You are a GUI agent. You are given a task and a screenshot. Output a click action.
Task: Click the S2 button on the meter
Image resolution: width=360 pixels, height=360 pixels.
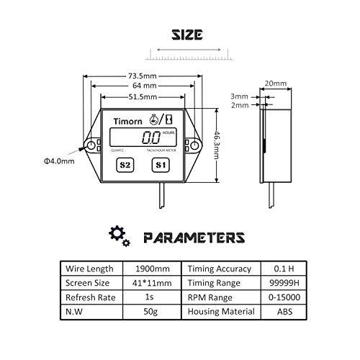tap(125, 164)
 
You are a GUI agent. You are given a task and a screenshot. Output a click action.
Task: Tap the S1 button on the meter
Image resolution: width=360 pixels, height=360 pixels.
tap(161, 164)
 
